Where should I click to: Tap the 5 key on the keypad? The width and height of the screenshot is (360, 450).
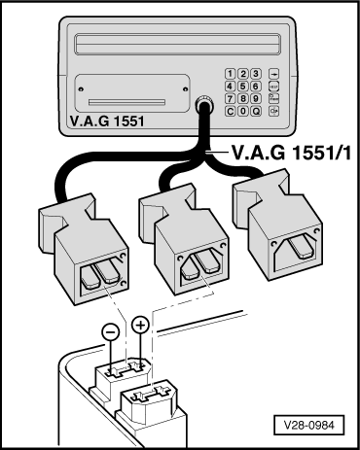242,86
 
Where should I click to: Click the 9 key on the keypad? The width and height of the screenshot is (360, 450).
254,97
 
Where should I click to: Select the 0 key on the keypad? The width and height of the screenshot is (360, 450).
242,110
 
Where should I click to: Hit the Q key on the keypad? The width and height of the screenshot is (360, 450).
254,110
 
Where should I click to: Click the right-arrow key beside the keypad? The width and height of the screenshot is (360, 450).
275,73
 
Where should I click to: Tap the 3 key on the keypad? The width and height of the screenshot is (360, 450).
254,73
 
